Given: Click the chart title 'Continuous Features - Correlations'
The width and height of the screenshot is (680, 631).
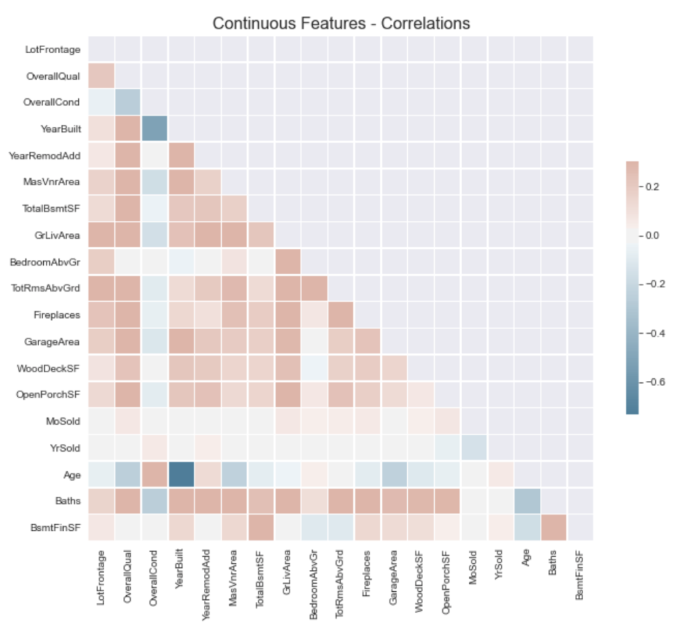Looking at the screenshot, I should point(341,23).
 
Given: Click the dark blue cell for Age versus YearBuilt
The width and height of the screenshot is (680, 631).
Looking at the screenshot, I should point(181,474).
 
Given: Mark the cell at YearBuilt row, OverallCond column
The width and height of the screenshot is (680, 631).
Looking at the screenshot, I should point(154,129).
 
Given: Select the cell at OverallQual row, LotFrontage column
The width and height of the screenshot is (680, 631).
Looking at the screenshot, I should point(101,76).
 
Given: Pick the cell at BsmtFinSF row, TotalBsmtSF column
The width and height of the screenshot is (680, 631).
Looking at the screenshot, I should point(261,527).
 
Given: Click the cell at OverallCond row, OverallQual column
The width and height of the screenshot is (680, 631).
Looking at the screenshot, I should point(127,102).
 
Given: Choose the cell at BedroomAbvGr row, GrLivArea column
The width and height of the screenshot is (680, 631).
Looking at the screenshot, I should point(288,261).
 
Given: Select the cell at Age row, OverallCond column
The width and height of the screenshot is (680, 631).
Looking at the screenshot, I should point(154,474).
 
